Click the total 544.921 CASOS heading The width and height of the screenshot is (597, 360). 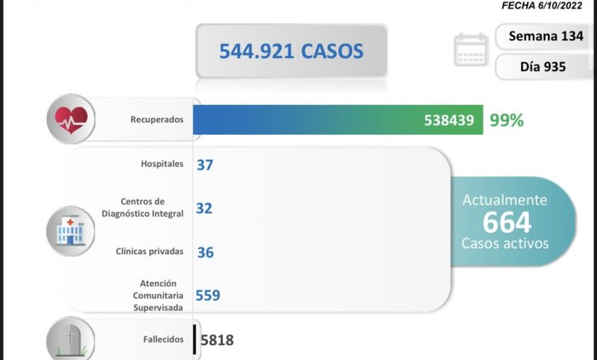click(291, 52)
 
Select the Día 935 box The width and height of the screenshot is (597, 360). click(543, 67)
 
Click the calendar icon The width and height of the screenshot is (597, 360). click(471, 50)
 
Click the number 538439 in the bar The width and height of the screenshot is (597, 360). click(449, 120)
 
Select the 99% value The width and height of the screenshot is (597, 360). click(507, 120)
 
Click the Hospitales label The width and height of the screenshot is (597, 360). click(162, 164)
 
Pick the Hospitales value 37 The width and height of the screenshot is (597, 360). click(204, 164)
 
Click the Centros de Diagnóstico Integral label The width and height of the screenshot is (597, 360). click(142, 208)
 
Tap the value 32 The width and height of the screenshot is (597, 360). click(204, 208)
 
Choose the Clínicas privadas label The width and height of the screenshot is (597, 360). click(150, 251)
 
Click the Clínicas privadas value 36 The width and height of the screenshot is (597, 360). click(204, 251)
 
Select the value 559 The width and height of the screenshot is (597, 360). click(207, 295)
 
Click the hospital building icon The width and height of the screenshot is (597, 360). click(70, 229)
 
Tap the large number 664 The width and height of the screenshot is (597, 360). click(506, 222)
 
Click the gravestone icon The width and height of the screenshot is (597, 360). click(70, 339)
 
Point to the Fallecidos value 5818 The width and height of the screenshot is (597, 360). click(217, 339)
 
